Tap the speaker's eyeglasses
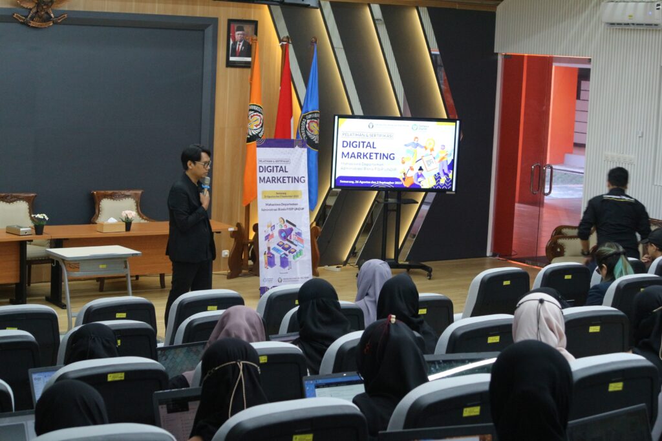pyautogui.click(x=203, y=164)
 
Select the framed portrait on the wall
pyautogui.click(x=242, y=43)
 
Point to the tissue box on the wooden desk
pyautogui.click(x=111, y=227)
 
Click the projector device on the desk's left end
pyautogui.click(x=18, y=230)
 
